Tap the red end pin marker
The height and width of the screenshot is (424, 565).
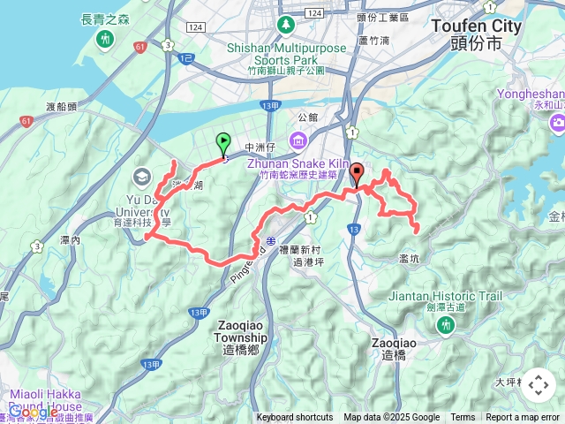(357, 173)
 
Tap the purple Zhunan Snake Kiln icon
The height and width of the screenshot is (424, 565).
(297, 140)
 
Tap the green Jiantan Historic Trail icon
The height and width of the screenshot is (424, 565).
(447, 326)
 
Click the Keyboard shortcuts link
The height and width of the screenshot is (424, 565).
(295, 418)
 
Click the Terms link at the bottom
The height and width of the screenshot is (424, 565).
(463, 418)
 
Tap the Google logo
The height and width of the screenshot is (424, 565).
(33, 412)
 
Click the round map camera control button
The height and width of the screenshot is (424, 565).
(539, 384)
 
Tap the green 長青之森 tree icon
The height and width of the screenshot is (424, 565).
(105, 39)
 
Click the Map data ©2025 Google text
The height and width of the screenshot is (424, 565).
(391, 418)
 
